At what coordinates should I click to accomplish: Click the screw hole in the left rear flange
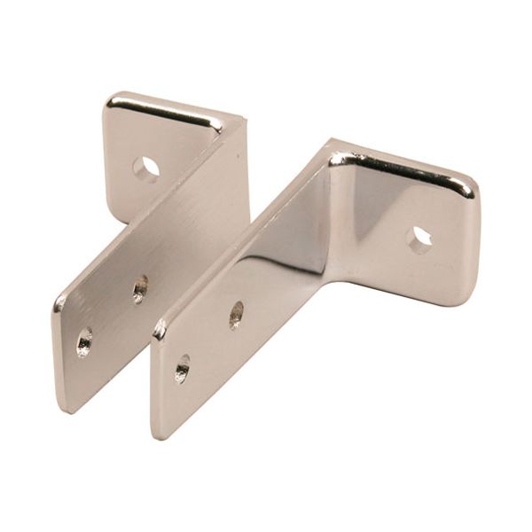pyautogui.click(x=146, y=168)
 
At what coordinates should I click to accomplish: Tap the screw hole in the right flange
pyautogui.click(x=419, y=238)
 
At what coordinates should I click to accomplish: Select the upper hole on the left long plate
pyautogui.click(x=140, y=288)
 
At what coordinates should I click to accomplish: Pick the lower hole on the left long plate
pyautogui.click(x=85, y=341)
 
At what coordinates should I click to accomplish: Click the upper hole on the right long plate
pyautogui.click(x=237, y=315)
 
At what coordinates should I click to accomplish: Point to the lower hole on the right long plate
pyautogui.click(x=183, y=367)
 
